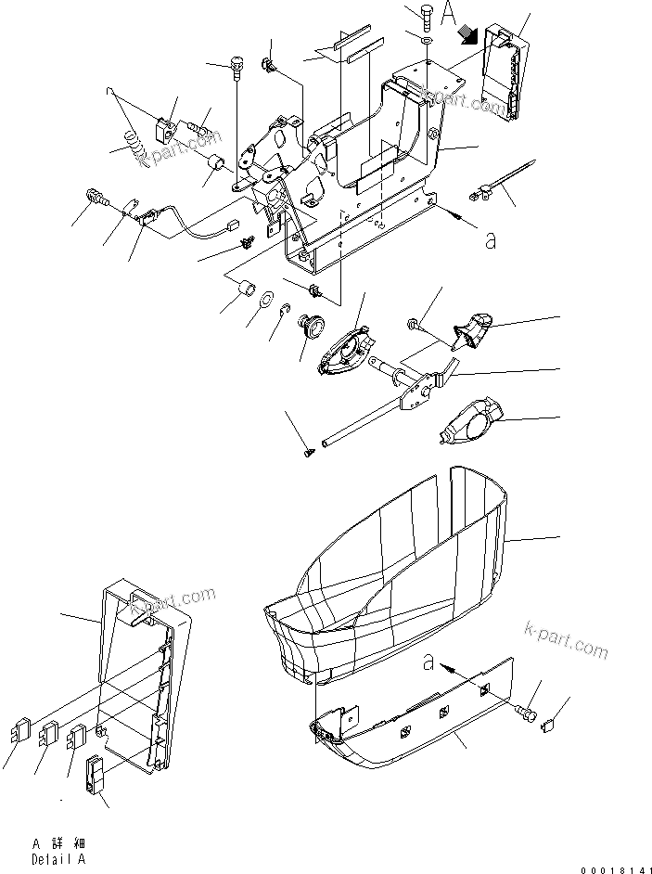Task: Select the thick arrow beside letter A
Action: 470,35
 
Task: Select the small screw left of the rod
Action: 309,450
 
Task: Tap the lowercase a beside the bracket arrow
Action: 490,239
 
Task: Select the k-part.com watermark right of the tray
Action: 565,639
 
